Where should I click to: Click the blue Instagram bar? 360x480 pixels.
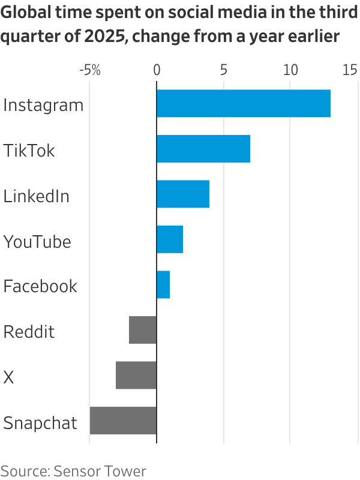pyautogui.click(x=243, y=104)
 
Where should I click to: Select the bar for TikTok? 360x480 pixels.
pyautogui.click(x=203, y=149)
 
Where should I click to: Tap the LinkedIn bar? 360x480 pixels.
pyautogui.click(x=182, y=194)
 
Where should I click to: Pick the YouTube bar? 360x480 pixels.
pyautogui.click(x=169, y=239)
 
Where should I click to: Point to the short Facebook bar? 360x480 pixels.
pyautogui.click(x=163, y=285)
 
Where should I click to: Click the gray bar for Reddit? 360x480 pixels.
pyautogui.click(x=143, y=330)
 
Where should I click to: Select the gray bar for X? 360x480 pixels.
pyautogui.click(x=136, y=376)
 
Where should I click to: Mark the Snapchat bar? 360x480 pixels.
pyautogui.click(x=123, y=421)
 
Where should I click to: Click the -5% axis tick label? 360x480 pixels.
pyautogui.click(x=89, y=70)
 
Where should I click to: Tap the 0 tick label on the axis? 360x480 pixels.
pyautogui.click(x=157, y=70)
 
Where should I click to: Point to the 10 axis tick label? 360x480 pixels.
pyautogui.click(x=290, y=70)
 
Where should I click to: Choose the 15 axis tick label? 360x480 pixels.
pyautogui.click(x=350, y=70)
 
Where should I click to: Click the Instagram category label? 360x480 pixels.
pyautogui.click(x=43, y=106)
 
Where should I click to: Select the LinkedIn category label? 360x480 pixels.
pyautogui.click(x=37, y=196)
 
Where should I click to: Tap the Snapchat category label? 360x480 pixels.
pyautogui.click(x=41, y=423)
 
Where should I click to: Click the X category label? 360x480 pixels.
pyautogui.click(x=8, y=377)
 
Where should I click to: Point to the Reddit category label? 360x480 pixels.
pyautogui.click(x=29, y=332)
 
